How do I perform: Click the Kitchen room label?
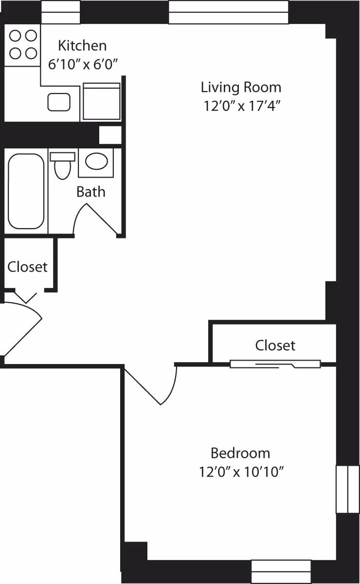pos(82,46)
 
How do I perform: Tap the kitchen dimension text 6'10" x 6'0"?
pos(83,63)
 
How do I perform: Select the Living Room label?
pos(241,88)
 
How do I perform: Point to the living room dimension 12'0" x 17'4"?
pos(241,106)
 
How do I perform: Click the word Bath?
pos(90,192)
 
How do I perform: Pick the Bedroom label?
pos(240,453)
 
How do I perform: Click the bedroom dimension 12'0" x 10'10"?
pos(241,472)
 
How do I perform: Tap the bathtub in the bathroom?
pos(26,191)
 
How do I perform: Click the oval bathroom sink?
pos(96,161)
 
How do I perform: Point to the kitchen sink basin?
pos(60,102)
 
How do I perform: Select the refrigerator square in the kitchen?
pos(102,101)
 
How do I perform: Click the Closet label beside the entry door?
pos(28,267)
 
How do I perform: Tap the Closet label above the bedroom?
pos(275,345)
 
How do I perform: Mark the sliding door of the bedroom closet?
pos(275,364)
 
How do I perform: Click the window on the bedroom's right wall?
pos(347,489)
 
